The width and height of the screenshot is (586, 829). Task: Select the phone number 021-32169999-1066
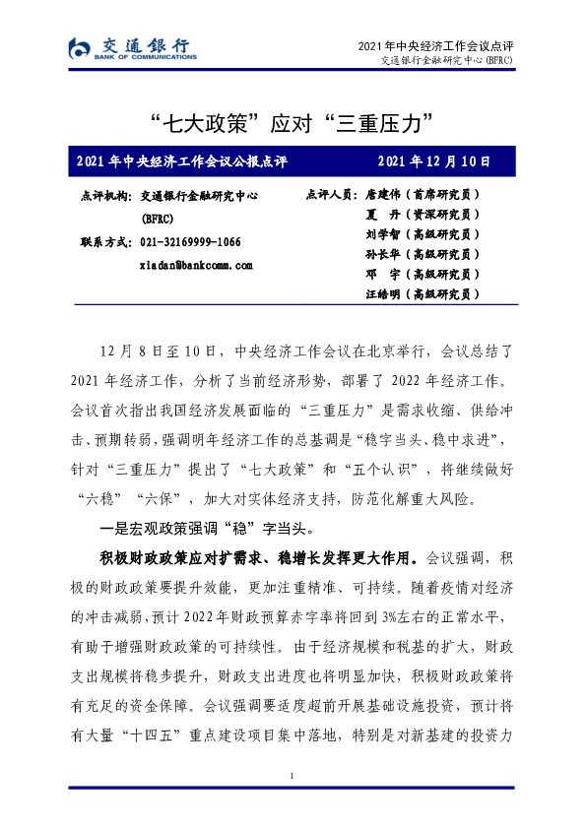pyautogui.click(x=191, y=242)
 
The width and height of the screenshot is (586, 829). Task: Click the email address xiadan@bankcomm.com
pyautogui.click(x=197, y=265)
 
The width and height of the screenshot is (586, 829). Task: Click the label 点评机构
pyautogui.click(x=102, y=196)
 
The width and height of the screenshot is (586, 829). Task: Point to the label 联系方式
pyautogui.click(x=102, y=242)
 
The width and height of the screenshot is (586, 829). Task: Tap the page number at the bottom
pyautogui.click(x=293, y=778)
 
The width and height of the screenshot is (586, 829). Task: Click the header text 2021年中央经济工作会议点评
pyautogui.click(x=436, y=46)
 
